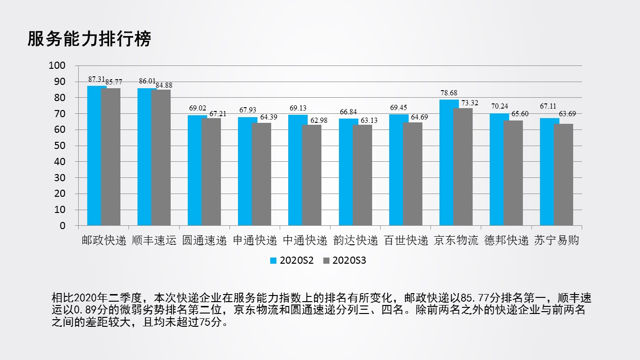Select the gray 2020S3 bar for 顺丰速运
tap(161, 157)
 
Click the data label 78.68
tap(448, 93)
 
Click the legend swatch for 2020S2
tap(273, 260)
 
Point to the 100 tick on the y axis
tap(57, 65)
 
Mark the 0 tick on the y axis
tap(63, 226)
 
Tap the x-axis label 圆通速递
tap(205, 240)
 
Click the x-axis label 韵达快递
tap(356, 240)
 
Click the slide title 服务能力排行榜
tap(89, 39)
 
